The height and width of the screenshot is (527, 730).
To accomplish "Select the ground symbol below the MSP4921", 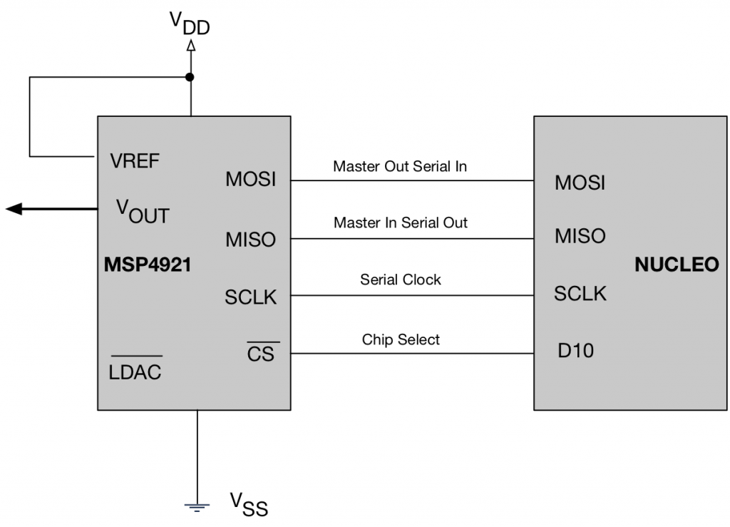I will tap(197, 507).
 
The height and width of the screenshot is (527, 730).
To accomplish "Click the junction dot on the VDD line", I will tap(190, 77).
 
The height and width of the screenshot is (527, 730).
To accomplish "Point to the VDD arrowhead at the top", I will tap(190, 46).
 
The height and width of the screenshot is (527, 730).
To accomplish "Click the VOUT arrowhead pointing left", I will tap(14, 208).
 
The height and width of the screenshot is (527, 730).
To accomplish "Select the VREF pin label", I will tap(135, 160).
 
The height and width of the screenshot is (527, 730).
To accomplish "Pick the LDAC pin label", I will tap(135, 371).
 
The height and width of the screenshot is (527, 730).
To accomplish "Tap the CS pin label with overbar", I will tap(260, 353).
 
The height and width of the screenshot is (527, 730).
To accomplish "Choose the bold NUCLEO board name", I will tap(676, 265).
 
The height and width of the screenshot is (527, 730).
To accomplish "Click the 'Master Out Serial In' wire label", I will tap(400, 167).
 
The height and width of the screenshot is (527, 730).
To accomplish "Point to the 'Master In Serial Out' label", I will tap(400, 222).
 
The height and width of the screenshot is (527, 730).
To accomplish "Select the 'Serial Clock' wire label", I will tap(400, 280).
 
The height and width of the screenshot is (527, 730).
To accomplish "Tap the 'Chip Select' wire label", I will tap(400, 339).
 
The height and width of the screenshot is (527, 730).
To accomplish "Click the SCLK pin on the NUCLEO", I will tap(580, 293).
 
